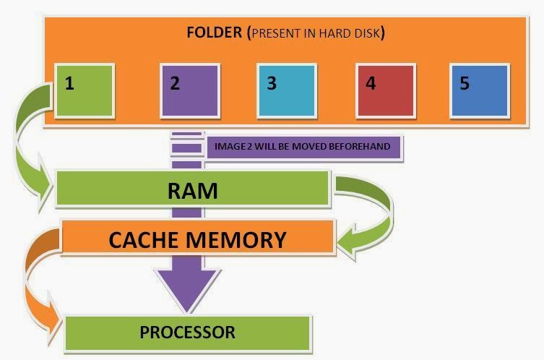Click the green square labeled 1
coord(85,90)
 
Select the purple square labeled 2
coord(190,90)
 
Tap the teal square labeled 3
coord(288,90)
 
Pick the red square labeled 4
coord(387,90)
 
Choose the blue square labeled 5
coord(480,90)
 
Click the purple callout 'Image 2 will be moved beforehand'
coord(303,147)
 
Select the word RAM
coord(192,191)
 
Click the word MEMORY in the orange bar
coord(241,239)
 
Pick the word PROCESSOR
coord(187,333)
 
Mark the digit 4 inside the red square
coord(371,83)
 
